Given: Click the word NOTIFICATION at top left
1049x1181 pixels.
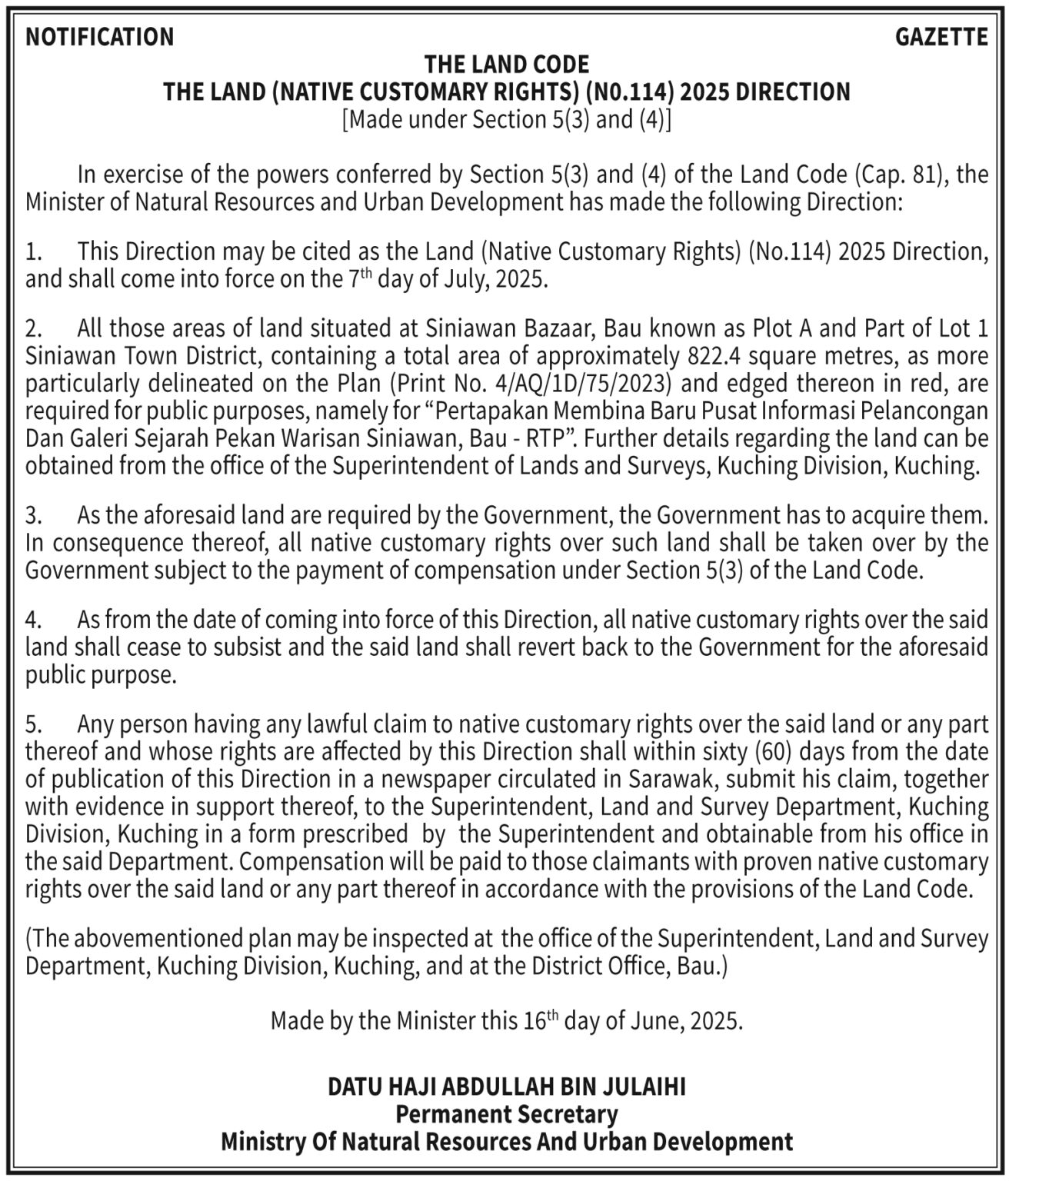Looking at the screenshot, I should [x=100, y=37].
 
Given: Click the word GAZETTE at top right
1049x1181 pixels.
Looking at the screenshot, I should [x=941, y=37].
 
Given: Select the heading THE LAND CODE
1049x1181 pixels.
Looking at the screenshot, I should [x=507, y=64].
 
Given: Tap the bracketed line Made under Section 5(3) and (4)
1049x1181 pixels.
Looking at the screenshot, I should [x=507, y=120].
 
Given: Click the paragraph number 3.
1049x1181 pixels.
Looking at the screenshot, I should [x=32, y=515].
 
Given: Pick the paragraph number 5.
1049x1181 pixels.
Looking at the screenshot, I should [x=32, y=724].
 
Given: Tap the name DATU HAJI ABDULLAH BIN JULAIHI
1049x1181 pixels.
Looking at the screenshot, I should [x=507, y=1086].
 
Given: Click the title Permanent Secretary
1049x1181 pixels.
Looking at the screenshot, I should [x=507, y=1114].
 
